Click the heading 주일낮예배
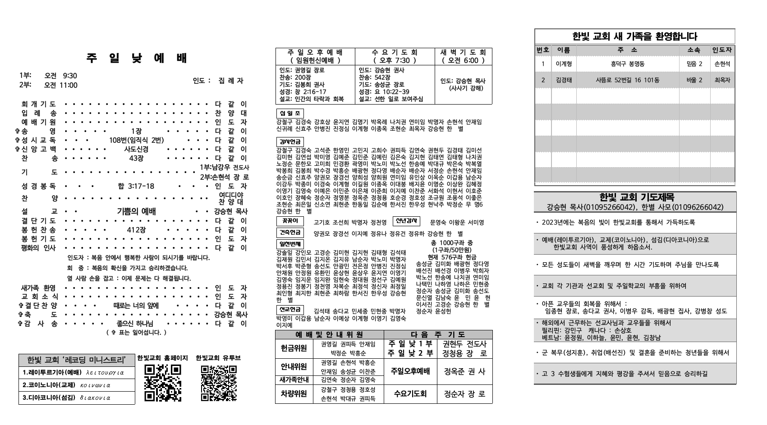pyautogui.click(x=137, y=59)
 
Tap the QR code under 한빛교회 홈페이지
pyautogui.click(x=163, y=383)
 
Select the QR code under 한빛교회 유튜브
pyautogui.click(x=219, y=383)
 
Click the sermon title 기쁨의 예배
pyautogui.click(x=136, y=211)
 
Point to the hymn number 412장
pyautogui.click(x=136, y=230)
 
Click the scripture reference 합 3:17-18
pyautogui.click(x=136, y=186)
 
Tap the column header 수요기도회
pyautogui.click(x=395, y=56)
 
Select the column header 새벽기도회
pyautogui.click(x=464, y=56)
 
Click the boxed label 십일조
pyautogui.click(x=290, y=113)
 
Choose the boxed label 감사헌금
pyautogui.click(x=290, y=142)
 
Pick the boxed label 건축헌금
pyautogui.click(x=290, y=233)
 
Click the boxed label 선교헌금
pyautogui.click(x=290, y=310)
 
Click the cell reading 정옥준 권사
pyautogui.click(x=464, y=372)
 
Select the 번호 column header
pyautogui.click(x=543, y=50)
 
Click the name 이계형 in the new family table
pyautogui.click(x=564, y=64)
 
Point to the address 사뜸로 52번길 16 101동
pyautogui.click(x=627, y=80)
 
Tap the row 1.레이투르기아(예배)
pyautogui.click(x=77, y=373)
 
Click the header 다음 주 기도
pyautogui.click(x=438, y=335)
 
